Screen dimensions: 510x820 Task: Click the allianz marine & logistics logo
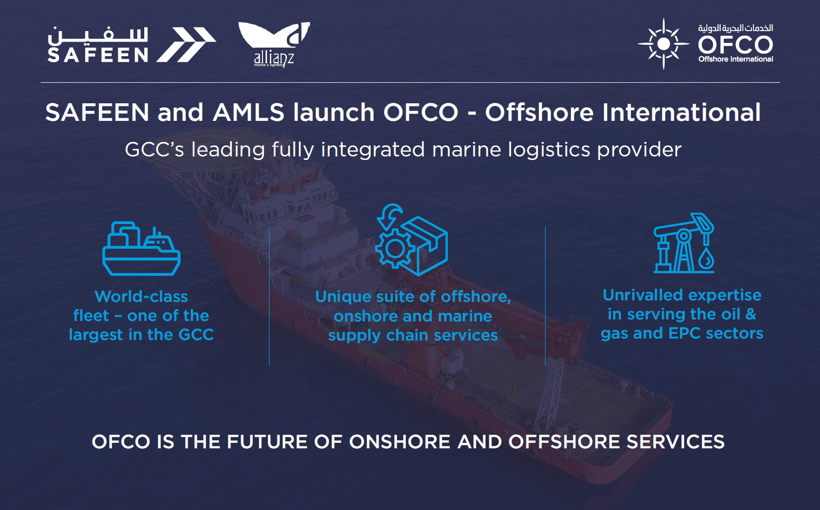274,44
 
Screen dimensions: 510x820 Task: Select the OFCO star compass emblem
664,44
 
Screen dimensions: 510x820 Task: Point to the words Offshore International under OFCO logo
735,59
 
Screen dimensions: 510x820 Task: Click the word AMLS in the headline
248,112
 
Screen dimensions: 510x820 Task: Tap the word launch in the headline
334,112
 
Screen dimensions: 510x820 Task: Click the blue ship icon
141,249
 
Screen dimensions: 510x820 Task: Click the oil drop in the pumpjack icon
706,260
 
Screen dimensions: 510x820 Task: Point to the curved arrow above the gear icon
389,216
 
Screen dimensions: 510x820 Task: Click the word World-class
141,296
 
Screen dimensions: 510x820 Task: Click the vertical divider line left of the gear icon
269,296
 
